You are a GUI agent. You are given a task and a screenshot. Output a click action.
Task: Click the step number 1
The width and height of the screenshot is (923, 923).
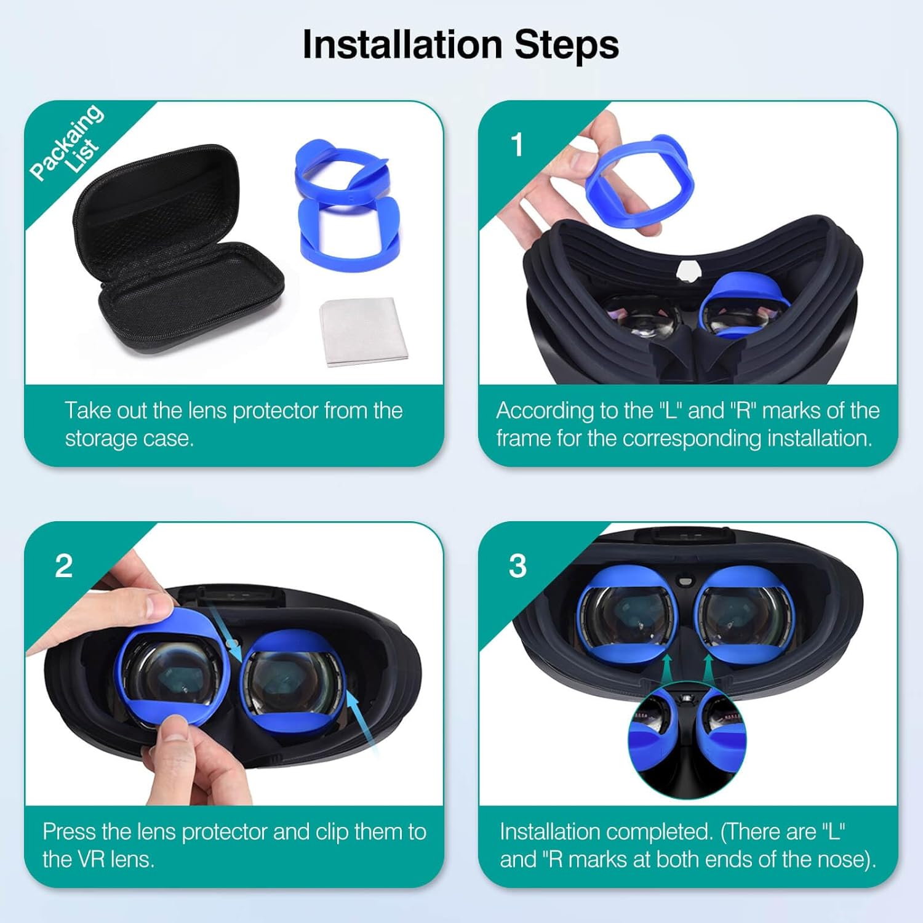coord(517,145)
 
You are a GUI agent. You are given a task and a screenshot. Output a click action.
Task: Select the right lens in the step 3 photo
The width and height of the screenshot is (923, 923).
coord(745,618)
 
